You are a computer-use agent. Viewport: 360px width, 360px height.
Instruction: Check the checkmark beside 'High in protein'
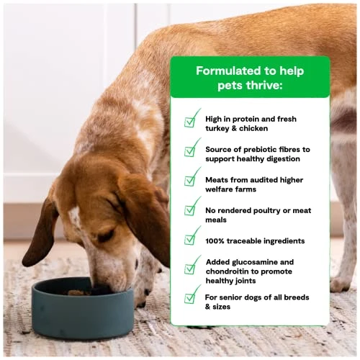[x=192, y=119]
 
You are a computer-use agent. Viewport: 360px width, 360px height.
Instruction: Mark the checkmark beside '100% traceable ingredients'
[x=192, y=236]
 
